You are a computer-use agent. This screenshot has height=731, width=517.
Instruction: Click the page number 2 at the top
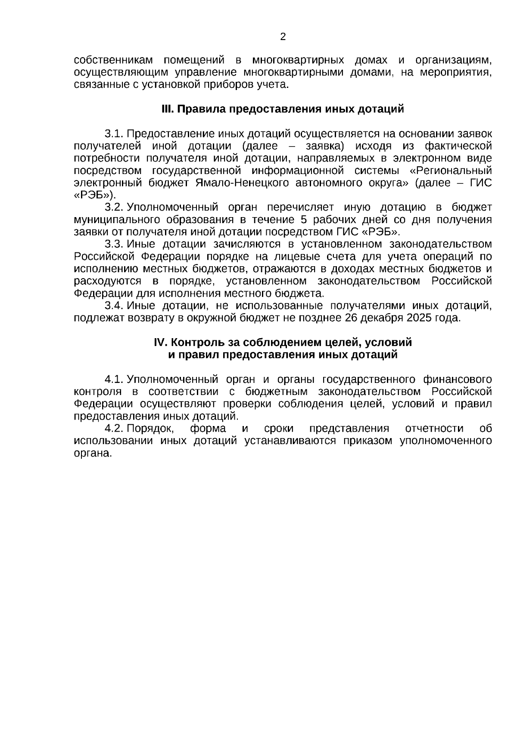click(283, 37)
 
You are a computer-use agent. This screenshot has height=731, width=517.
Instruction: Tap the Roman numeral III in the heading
click(167, 109)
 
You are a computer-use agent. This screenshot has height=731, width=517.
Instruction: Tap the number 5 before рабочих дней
click(304, 220)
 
